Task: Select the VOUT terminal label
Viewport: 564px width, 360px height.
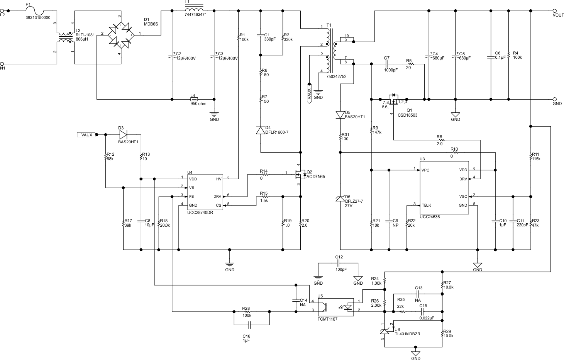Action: coord(558,15)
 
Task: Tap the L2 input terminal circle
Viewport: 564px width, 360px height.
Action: coord(2,11)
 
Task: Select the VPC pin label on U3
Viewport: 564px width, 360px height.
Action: coord(425,170)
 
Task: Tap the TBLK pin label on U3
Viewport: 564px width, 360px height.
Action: coord(426,205)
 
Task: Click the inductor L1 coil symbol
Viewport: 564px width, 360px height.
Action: coord(194,11)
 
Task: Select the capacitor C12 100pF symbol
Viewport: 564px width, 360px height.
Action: coord(339,263)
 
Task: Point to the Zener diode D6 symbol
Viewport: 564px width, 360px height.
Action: coord(340,199)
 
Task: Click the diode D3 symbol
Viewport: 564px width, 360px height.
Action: coord(123,134)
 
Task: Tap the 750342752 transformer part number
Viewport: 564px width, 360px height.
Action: coord(336,77)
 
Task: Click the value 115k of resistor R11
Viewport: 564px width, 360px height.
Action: coord(536,159)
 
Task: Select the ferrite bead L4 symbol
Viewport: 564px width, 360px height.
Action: coord(193,99)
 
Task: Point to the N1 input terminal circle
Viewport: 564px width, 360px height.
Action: coord(2,64)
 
